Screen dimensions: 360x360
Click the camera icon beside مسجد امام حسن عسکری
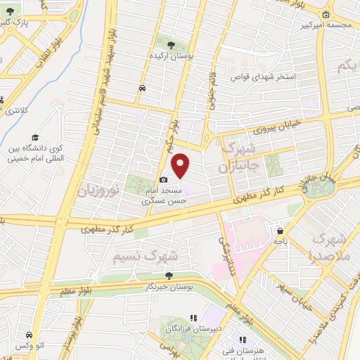click(164, 180)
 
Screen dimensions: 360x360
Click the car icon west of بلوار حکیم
click(143, 89)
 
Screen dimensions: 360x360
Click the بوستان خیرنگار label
click(168, 288)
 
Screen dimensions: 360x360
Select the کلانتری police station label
click(13, 111)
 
